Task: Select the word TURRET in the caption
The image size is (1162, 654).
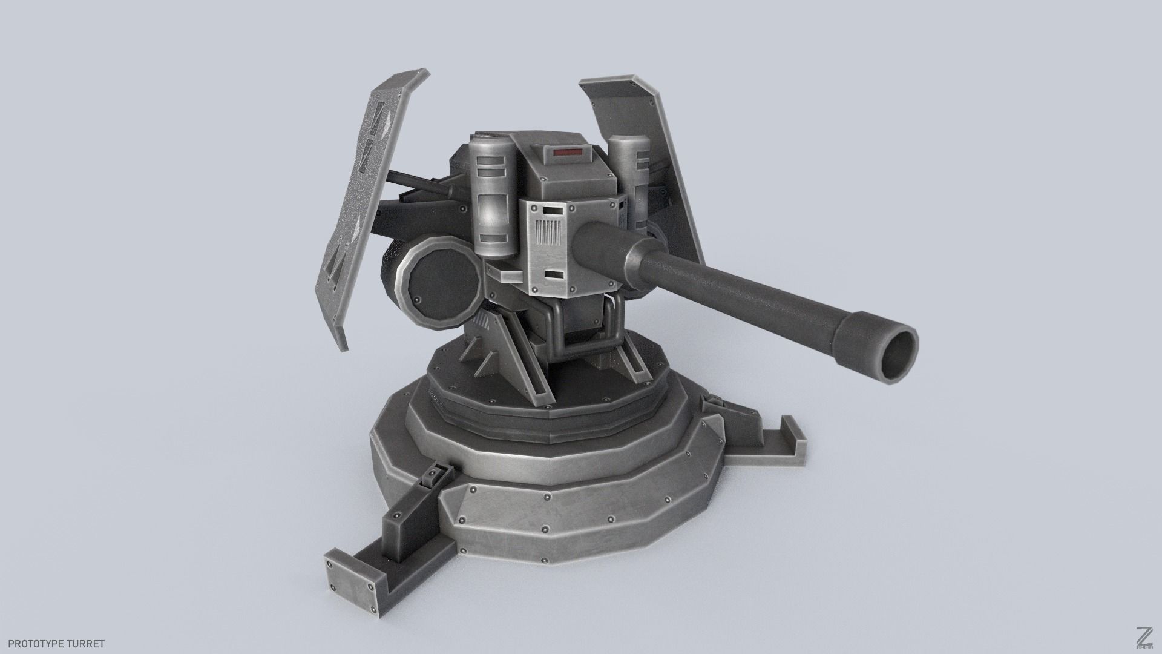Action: coord(87,644)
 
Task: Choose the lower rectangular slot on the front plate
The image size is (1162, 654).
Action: coord(552,274)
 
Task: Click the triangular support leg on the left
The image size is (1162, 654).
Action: coord(484,351)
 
